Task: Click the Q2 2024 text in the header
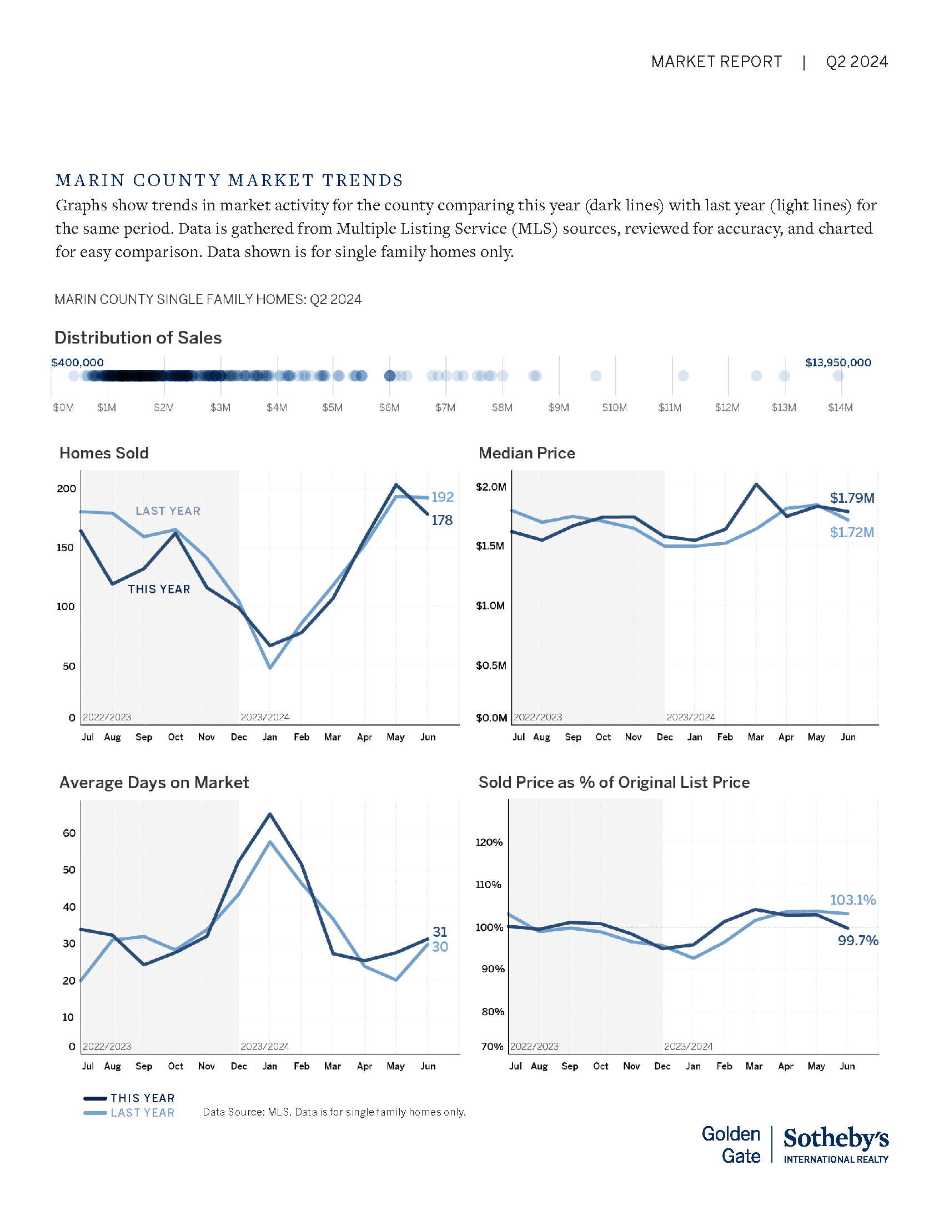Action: tap(856, 62)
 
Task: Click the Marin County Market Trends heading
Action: tap(229, 180)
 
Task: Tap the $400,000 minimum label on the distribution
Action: tap(77, 363)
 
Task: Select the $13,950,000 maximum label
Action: tap(838, 363)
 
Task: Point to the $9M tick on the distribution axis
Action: tap(559, 407)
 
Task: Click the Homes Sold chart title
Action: tap(104, 453)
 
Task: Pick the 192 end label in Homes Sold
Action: tap(443, 497)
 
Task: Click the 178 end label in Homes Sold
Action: tap(442, 521)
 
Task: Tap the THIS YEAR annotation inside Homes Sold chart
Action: tap(159, 589)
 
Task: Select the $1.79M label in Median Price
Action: tap(852, 498)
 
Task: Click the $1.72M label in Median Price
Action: tap(852, 533)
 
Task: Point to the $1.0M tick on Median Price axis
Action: tap(490, 606)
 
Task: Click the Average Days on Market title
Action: tap(154, 783)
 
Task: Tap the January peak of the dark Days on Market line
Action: tap(270, 814)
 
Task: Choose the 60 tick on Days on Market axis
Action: tap(69, 833)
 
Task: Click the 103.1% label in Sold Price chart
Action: tap(852, 900)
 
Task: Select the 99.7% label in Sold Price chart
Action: tap(857, 941)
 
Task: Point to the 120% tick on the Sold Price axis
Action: tap(489, 842)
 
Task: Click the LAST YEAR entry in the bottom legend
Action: tap(142, 1113)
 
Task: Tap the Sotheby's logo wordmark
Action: tap(836, 1139)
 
